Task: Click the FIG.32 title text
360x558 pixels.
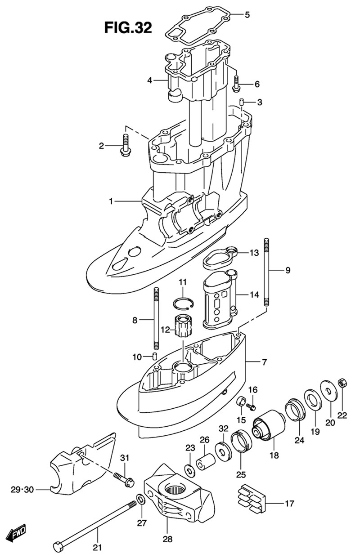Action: pos(128,28)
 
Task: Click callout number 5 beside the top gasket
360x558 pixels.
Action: pos(247,15)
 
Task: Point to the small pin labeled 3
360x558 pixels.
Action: pos(242,102)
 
